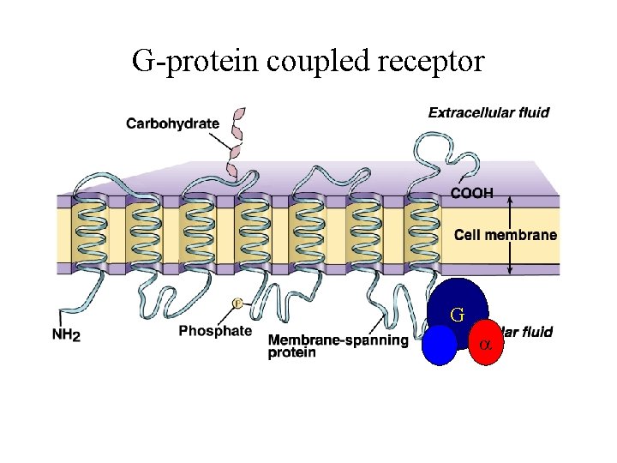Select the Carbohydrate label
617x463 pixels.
tap(172, 123)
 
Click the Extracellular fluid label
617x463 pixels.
tap(488, 112)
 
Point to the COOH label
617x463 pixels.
tap(472, 194)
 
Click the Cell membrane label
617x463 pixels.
tap(505, 235)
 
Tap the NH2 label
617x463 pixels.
tap(66, 335)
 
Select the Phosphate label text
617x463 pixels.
tap(215, 331)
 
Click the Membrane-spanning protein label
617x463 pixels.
tap(338, 346)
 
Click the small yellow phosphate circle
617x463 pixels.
tap(238, 303)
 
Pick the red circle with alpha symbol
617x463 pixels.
tap(484, 343)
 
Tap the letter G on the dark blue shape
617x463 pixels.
tap(458, 315)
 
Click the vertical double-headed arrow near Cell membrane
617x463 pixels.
tap(510, 235)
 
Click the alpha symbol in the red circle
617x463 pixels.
tap(484, 344)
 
